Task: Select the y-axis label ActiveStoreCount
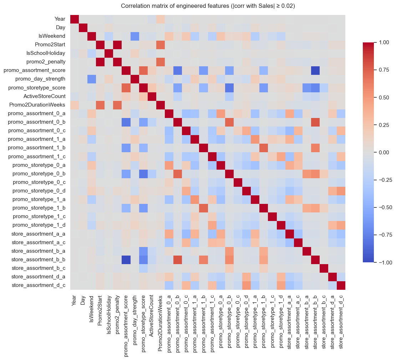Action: click(45, 96)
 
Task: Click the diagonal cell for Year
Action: click(75, 19)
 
